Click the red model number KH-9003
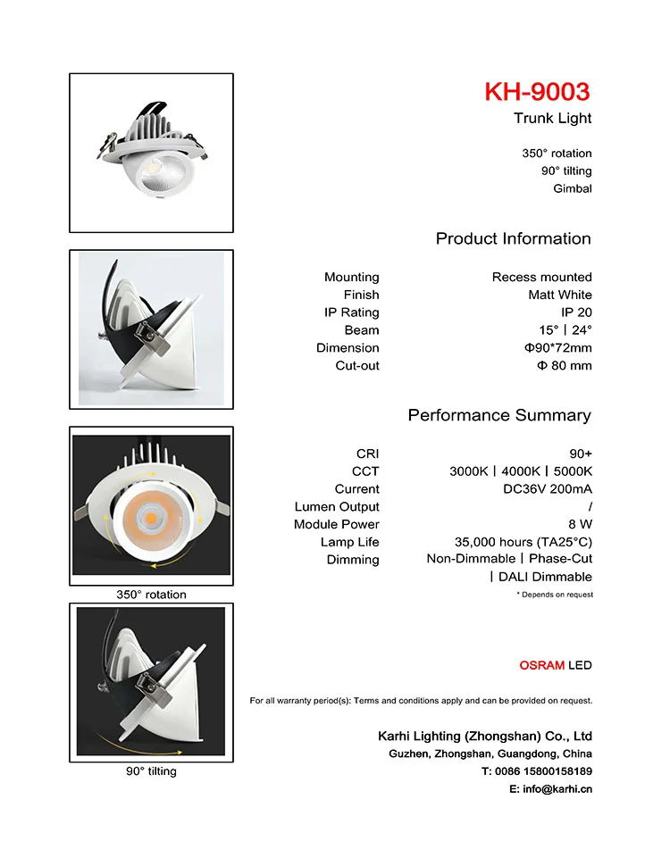click(537, 92)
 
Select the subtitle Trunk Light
click(552, 119)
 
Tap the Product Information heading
click(513, 238)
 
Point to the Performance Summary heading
click(499, 415)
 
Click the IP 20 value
click(576, 312)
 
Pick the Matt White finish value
click(559, 295)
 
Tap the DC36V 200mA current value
click(548, 489)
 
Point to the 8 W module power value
click(580, 524)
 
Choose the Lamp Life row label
click(349, 542)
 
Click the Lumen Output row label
click(337, 506)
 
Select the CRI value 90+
click(581, 454)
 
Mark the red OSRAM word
click(541, 665)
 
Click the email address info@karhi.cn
click(550, 789)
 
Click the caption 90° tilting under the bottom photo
click(151, 771)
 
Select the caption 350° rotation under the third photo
click(151, 595)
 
